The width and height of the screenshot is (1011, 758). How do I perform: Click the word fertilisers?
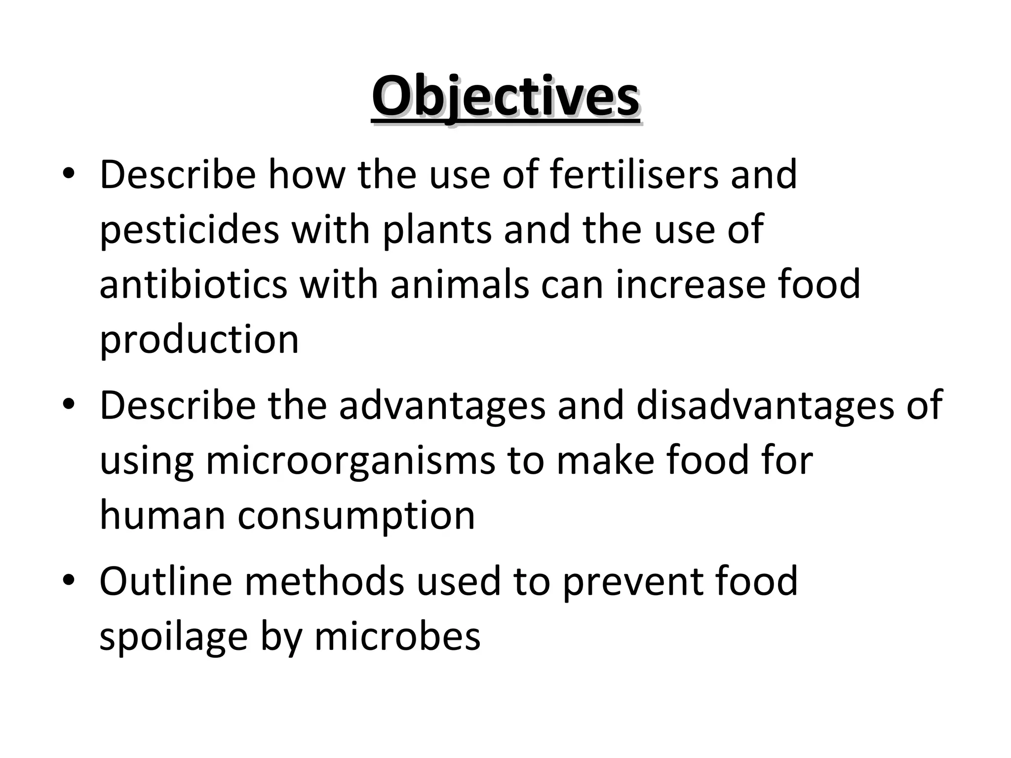633,175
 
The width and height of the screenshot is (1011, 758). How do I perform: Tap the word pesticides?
189,230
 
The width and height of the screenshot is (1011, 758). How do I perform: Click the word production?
199,341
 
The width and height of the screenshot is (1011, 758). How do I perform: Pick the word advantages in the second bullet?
442,406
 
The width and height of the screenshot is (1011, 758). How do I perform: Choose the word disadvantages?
765,406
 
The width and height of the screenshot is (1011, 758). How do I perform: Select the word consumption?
356,516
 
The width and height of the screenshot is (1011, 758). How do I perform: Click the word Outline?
166,581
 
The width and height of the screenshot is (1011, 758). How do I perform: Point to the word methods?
324,581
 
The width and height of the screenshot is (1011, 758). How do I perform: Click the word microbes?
397,637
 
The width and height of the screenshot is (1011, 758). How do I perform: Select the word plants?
437,230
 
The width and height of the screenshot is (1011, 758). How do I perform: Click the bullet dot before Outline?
69,579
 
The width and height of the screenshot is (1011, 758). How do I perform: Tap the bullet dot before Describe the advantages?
69,404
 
